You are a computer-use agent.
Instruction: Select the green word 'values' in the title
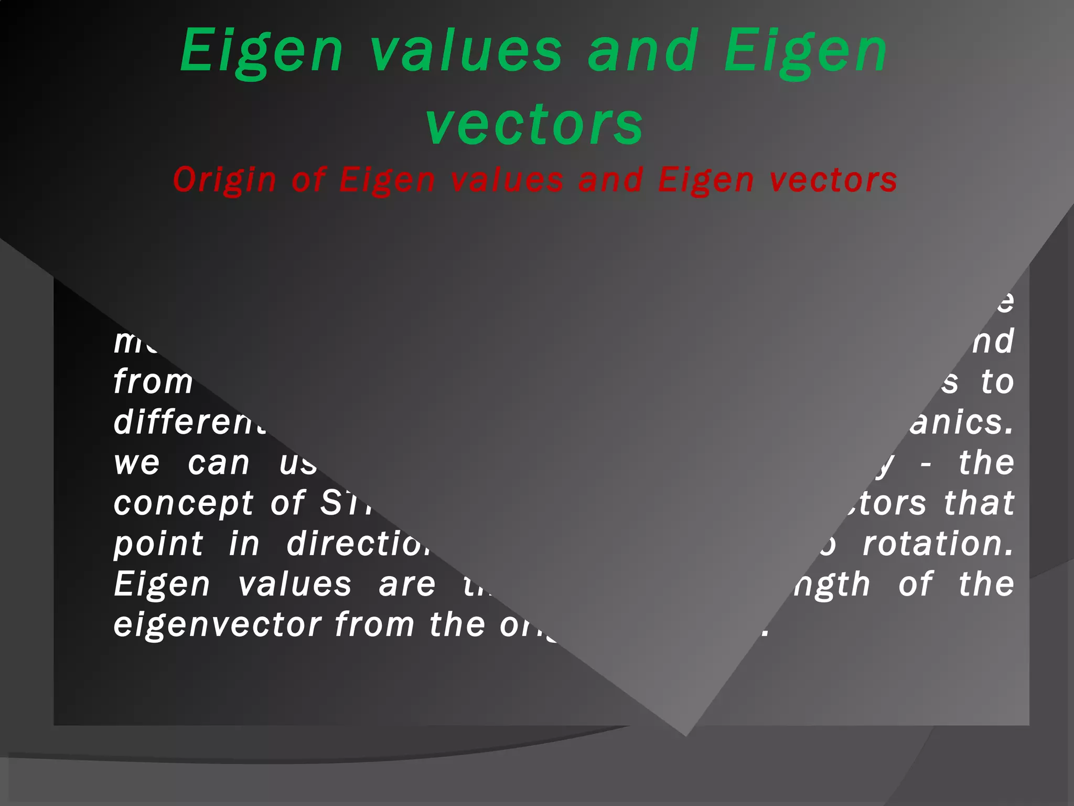coord(466,51)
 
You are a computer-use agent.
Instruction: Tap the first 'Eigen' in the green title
coord(262,51)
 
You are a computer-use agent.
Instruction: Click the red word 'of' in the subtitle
coord(309,180)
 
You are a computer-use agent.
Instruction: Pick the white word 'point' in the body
coord(158,545)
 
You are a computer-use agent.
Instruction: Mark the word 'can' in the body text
coord(219,464)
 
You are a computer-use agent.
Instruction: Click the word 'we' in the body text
coord(137,464)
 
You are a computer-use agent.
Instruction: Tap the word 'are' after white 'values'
coord(407,585)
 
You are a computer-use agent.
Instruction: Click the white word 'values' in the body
coord(295,585)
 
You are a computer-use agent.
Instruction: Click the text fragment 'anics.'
coord(961,423)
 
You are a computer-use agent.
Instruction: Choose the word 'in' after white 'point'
coord(244,544)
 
